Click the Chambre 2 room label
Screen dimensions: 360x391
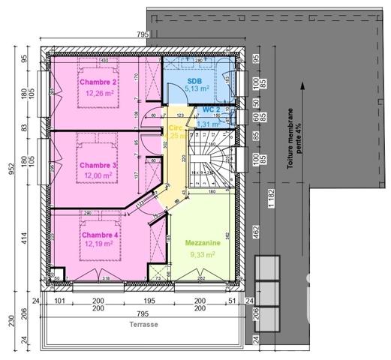(x=98, y=82)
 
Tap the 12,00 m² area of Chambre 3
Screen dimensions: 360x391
(x=98, y=175)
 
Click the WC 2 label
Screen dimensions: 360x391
(x=212, y=110)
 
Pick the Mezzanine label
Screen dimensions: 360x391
(x=203, y=243)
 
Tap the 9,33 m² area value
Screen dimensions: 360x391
(x=203, y=254)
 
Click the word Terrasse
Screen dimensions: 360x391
(x=143, y=325)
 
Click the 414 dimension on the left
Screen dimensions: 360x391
(x=25, y=240)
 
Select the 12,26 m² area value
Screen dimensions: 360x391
(x=98, y=94)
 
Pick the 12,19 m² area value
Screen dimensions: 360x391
(x=98, y=244)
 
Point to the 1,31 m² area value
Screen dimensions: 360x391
(x=218, y=124)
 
